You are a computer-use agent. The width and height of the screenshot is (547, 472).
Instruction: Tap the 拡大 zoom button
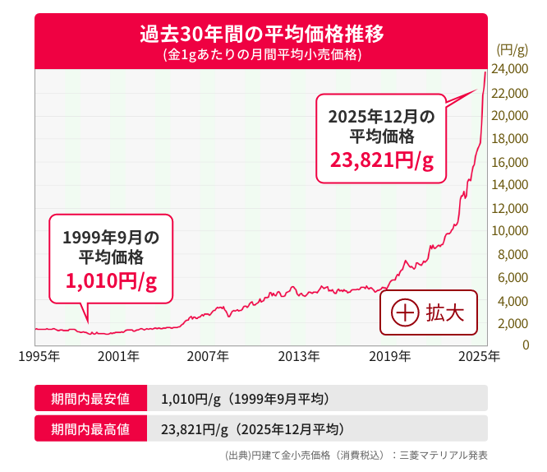tap(428, 313)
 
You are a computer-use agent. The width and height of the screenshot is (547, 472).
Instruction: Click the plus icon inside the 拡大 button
tap(405, 313)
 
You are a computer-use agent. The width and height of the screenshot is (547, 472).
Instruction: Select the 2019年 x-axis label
tap(389, 357)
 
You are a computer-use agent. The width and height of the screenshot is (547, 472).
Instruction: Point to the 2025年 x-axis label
tap(479, 357)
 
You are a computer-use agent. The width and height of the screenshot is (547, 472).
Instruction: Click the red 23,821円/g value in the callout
tap(381, 160)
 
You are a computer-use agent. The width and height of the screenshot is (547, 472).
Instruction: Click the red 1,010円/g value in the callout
tap(111, 281)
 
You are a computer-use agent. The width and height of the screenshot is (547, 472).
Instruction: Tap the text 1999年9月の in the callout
tap(111, 238)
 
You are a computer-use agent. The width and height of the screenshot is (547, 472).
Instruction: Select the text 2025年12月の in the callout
tap(381, 116)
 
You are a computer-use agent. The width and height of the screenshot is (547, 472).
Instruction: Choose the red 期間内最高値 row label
tap(90, 428)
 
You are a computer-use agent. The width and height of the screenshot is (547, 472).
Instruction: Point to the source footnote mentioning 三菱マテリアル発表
tap(356, 455)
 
